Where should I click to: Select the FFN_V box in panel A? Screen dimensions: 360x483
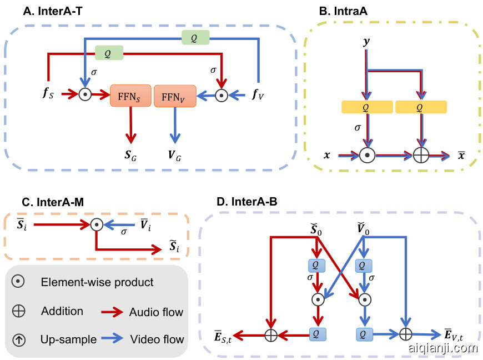[175, 96]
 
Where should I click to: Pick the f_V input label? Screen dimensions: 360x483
[258, 95]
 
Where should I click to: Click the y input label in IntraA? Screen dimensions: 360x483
[366, 41]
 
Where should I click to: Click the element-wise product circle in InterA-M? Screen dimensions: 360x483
[97, 225]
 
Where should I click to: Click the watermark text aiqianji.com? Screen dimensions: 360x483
[442, 349]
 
